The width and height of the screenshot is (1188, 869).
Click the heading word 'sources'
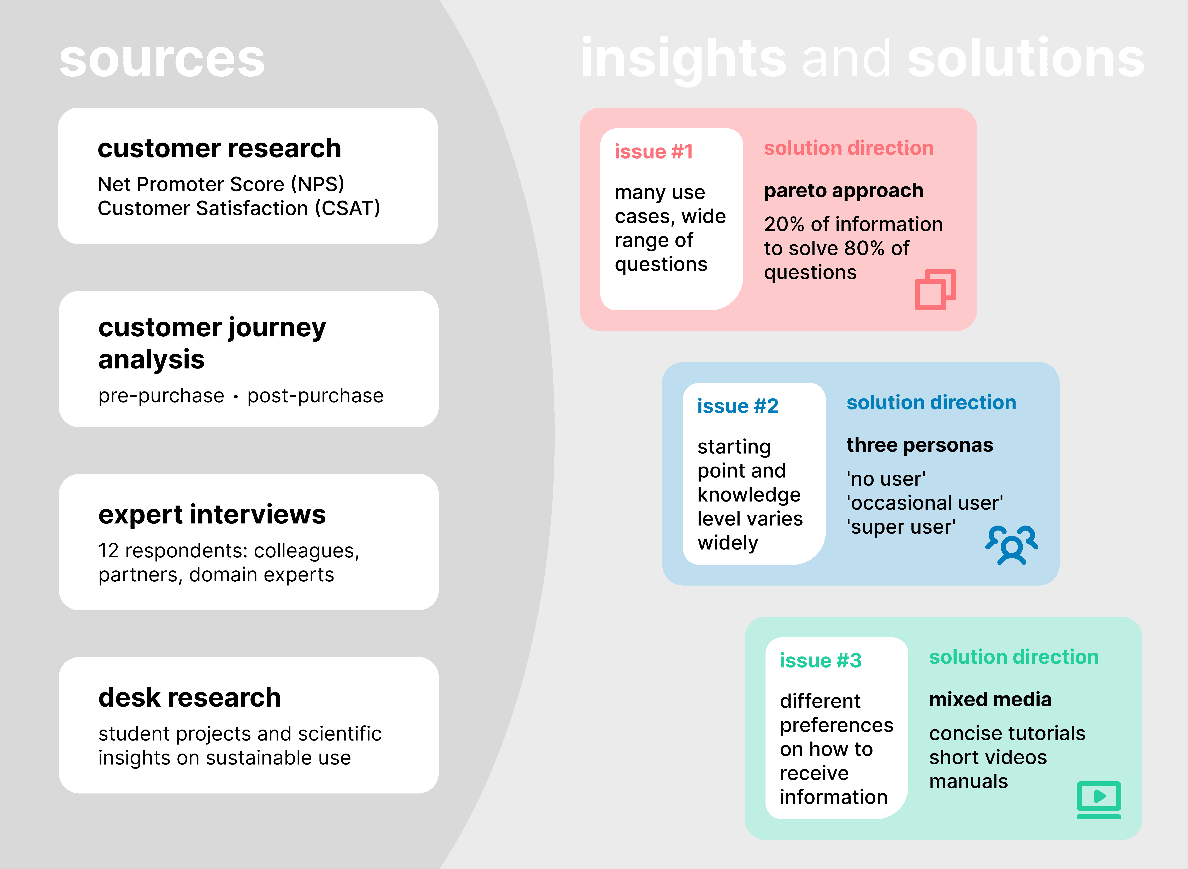pyautogui.click(x=162, y=59)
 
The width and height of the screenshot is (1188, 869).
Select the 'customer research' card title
pyautogui.click(x=219, y=148)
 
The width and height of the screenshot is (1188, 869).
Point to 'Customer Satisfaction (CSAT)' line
pyautogui.click(x=239, y=208)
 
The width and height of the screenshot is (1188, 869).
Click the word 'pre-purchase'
pyautogui.click(x=161, y=396)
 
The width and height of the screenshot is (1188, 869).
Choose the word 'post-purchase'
pyautogui.click(x=315, y=396)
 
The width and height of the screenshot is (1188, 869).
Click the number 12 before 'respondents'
pyautogui.click(x=108, y=551)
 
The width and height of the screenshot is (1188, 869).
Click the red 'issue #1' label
pyautogui.click(x=654, y=151)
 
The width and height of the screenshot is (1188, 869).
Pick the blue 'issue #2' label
pyautogui.click(x=738, y=406)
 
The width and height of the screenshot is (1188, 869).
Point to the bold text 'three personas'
pyautogui.click(x=920, y=445)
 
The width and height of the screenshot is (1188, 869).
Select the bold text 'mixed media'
pyautogui.click(x=990, y=700)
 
